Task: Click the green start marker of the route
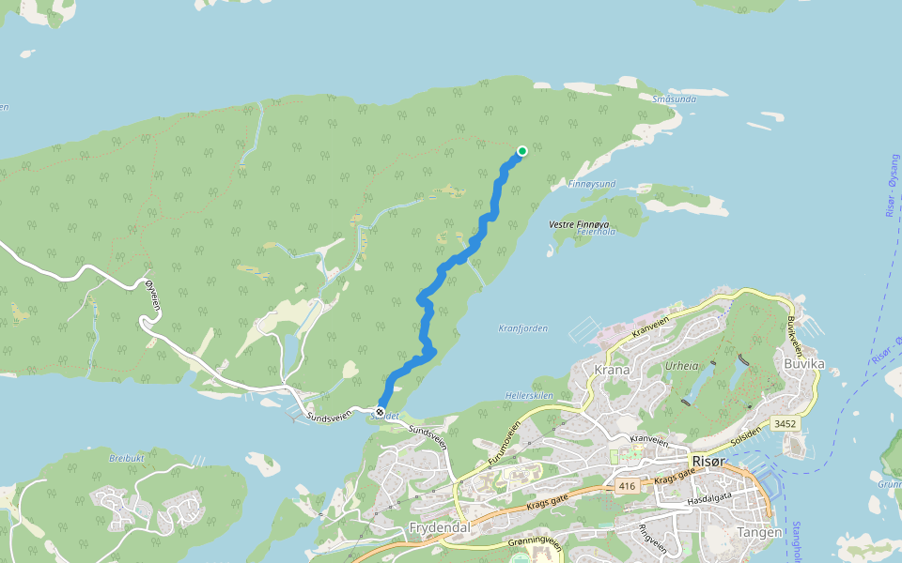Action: point(522,150)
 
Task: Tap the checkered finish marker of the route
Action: point(381,411)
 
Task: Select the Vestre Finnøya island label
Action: point(579,225)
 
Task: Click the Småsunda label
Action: point(674,98)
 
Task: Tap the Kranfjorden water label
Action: point(522,328)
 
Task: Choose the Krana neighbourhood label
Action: point(612,369)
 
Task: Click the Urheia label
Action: point(682,366)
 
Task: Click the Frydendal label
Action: point(439,528)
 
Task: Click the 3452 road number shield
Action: point(785,424)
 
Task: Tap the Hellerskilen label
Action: point(530,396)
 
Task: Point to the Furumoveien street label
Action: point(505,443)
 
